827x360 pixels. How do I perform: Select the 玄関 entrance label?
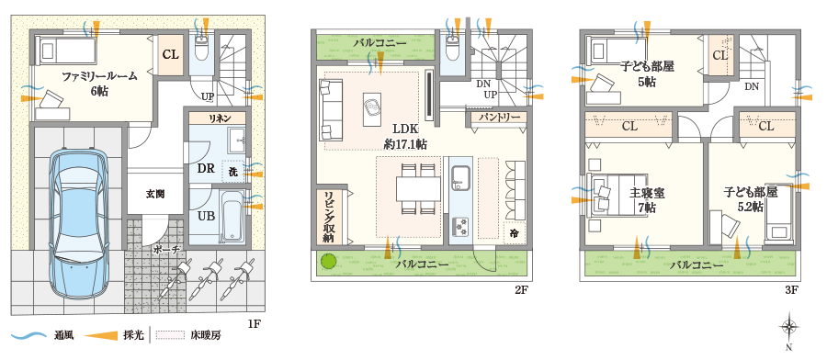point(154,195)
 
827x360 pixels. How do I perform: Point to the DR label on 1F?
point(206,169)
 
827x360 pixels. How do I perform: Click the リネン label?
point(218,118)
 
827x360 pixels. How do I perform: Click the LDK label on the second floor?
point(405,129)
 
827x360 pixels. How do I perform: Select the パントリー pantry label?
point(499,118)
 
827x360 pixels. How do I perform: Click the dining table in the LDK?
point(419,188)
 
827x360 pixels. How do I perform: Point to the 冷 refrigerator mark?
point(513,233)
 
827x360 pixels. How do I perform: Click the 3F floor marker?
point(790,289)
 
